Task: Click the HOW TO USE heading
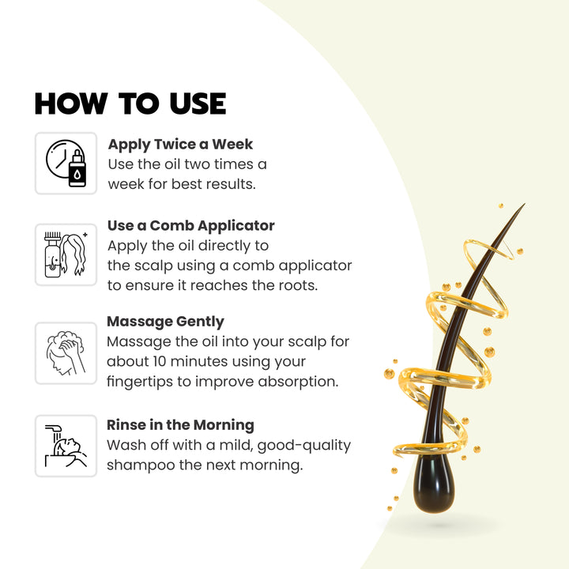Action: point(130,104)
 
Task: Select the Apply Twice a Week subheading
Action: point(180,145)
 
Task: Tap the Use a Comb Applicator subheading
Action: point(191,226)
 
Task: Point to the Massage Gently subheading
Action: point(165,322)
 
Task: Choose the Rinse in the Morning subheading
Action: point(180,425)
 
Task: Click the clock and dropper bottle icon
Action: point(66,164)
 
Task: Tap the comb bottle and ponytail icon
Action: point(66,254)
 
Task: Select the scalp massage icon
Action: point(66,353)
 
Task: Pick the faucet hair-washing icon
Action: point(66,446)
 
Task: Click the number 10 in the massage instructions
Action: point(160,362)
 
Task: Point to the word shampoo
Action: point(141,465)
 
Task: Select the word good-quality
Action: point(304,446)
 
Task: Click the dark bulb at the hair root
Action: point(434,483)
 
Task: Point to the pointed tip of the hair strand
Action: point(525,204)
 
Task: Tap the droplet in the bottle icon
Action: point(77,175)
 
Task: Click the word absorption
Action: point(298,382)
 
